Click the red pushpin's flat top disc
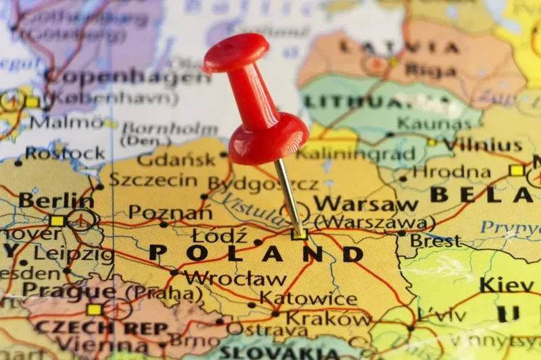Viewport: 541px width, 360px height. pyautogui.click(x=235, y=53)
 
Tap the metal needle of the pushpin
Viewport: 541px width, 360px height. pyautogui.click(x=289, y=197)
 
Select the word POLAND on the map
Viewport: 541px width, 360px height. pyautogui.click(x=256, y=253)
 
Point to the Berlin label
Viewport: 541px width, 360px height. pyautogui.click(x=56, y=200)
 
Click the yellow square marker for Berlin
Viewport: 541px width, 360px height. pyautogui.click(x=57, y=221)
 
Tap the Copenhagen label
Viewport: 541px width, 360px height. pyautogui.click(x=128, y=76)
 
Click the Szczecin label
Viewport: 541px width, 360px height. pyautogui.click(x=153, y=180)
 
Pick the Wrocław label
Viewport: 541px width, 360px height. pyautogui.click(x=235, y=277)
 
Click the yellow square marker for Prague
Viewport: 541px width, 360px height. pyautogui.click(x=94, y=310)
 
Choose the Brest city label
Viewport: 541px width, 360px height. pyautogui.click(x=435, y=241)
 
